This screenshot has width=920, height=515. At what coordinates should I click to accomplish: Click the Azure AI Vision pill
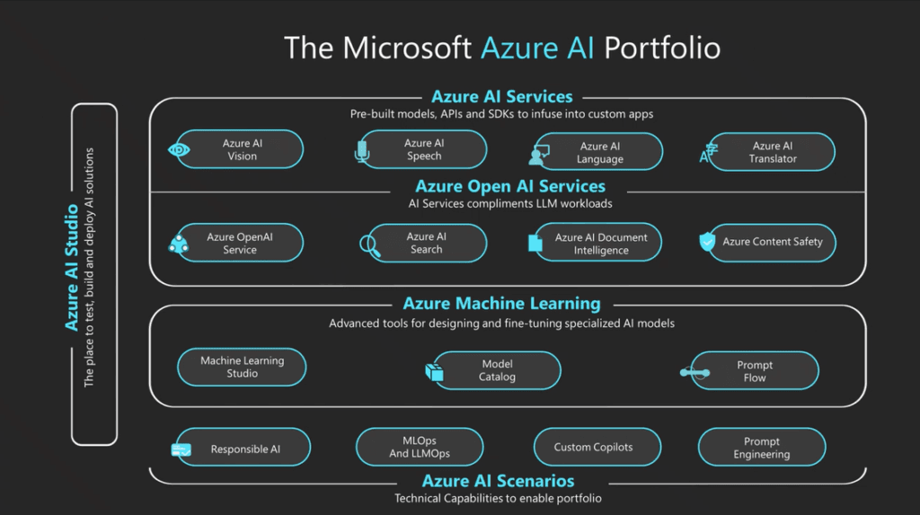point(241,150)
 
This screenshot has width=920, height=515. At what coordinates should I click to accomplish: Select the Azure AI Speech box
point(424,150)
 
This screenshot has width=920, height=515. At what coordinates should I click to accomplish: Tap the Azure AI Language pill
point(599,152)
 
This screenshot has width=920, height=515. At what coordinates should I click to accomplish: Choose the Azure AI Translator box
point(773,152)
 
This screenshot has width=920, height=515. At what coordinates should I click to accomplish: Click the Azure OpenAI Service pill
point(240,243)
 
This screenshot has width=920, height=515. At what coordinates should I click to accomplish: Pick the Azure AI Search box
point(425,243)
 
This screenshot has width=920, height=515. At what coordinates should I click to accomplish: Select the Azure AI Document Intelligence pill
point(600,244)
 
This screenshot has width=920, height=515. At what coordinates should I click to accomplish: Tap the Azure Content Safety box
point(773,242)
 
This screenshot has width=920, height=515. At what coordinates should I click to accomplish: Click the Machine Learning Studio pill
point(242,367)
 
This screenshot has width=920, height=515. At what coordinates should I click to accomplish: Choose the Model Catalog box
point(497,370)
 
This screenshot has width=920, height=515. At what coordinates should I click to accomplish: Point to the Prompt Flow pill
point(755,371)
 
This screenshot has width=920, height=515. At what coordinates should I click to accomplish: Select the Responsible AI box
point(244,448)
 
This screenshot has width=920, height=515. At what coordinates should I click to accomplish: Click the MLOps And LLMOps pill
point(420,448)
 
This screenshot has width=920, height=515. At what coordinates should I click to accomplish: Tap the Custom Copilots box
point(593,447)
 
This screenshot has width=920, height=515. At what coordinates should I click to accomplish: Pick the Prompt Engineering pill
point(761,448)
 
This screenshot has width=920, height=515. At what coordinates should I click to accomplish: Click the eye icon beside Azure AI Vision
point(179,150)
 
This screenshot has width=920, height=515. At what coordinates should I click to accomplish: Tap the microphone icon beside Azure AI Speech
point(362,151)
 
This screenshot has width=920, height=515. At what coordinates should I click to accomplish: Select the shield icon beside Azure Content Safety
point(707,242)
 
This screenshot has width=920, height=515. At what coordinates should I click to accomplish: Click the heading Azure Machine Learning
point(501,304)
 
